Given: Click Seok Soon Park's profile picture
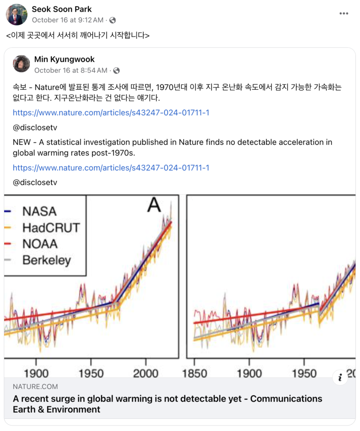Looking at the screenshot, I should [x=16, y=14].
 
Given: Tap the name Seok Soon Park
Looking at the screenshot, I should [x=61, y=9].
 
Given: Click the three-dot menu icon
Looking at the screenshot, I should [x=344, y=14].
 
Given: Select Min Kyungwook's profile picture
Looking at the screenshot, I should [x=21, y=64].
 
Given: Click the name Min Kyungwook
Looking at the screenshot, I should [x=64, y=59].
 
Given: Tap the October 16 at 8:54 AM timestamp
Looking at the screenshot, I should [x=70, y=70].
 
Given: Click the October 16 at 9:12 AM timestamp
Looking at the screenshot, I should [x=67, y=20].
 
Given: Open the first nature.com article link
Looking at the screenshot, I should [x=111, y=113].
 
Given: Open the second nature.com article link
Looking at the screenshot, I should [x=111, y=168].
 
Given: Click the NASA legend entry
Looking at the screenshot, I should [x=39, y=211].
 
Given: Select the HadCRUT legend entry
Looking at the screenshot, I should [x=51, y=228].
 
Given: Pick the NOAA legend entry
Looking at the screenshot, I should [x=40, y=244].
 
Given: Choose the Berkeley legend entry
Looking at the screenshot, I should [x=47, y=260].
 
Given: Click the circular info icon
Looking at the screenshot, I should [x=340, y=378].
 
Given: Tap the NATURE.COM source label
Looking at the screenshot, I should [x=35, y=387].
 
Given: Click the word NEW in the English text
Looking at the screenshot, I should [x=21, y=142].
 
